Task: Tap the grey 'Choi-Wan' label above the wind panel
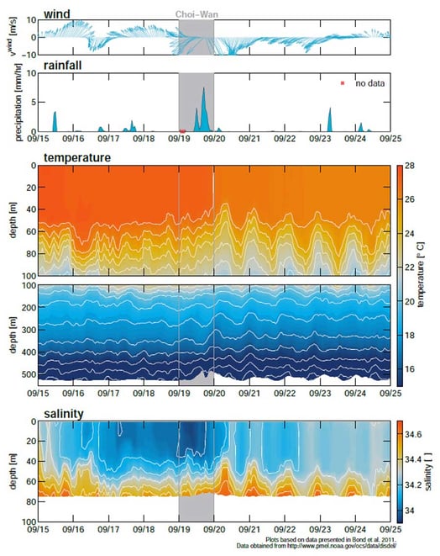coord(196,14)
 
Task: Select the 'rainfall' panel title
coord(61,66)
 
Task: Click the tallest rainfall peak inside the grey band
coord(203,89)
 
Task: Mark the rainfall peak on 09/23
coord(330,109)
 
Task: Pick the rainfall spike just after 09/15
coord(55,113)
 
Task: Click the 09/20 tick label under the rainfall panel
coord(214,139)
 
